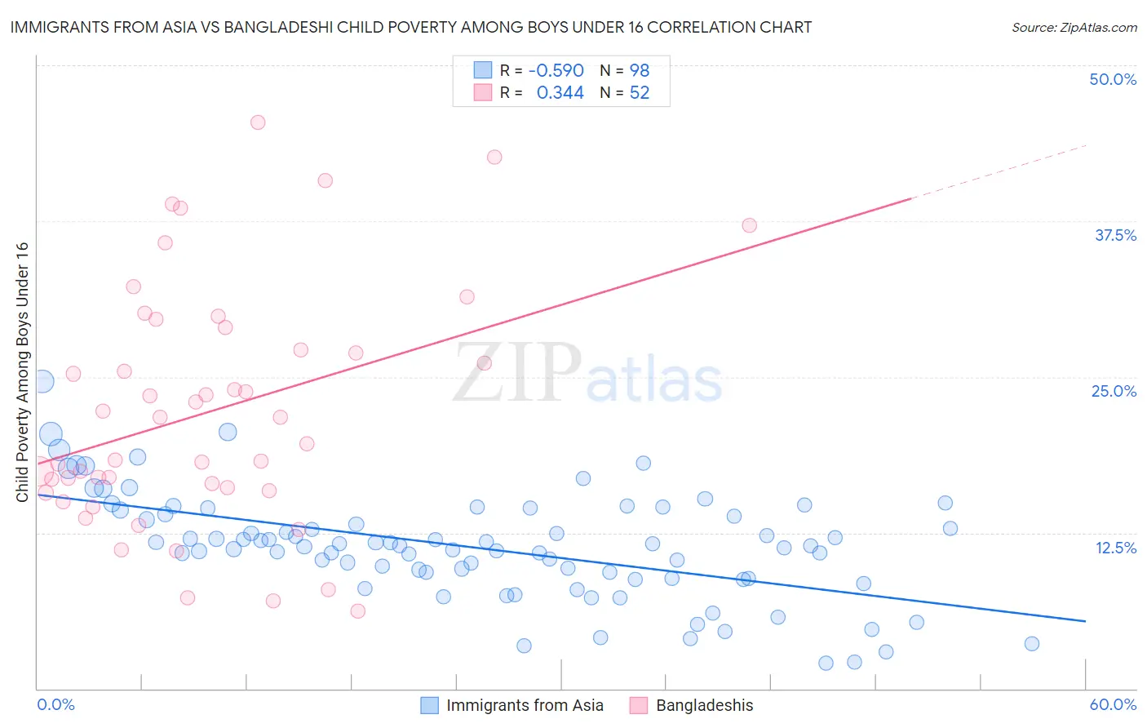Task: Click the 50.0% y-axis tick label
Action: [x=1113, y=79]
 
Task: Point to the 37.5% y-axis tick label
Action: [x=1115, y=235]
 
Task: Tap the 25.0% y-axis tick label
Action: [x=1114, y=391]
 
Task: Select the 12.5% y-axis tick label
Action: [x=1115, y=548]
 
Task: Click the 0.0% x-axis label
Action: [x=55, y=704]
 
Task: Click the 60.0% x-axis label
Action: [x=1113, y=704]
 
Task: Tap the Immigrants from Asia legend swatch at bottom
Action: [x=430, y=705]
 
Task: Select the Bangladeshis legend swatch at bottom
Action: [x=639, y=705]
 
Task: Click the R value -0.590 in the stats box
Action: [x=556, y=71]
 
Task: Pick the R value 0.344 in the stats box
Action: [x=560, y=93]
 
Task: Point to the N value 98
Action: [x=639, y=71]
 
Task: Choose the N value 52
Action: [x=639, y=93]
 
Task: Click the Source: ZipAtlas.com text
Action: [x=1074, y=28]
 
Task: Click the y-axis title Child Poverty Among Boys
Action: [x=23, y=372]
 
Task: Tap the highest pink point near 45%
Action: [x=258, y=122]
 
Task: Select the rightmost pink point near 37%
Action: [x=749, y=225]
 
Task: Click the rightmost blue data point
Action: [x=1031, y=644]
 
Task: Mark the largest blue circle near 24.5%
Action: [x=42, y=381]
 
